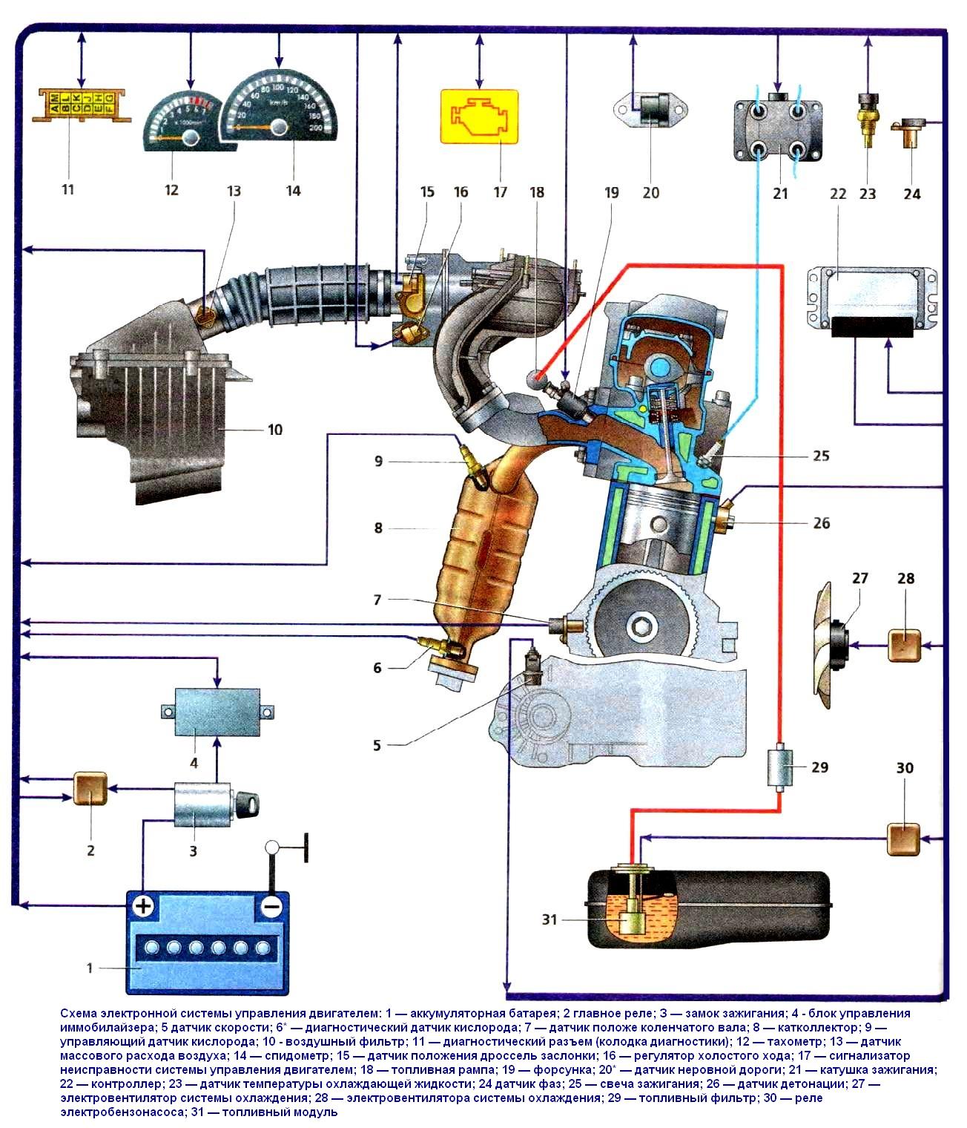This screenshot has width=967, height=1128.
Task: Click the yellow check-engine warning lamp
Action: pyautogui.click(x=480, y=116)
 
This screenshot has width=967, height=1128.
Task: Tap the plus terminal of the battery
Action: pyautogui.click(x=142, y=906)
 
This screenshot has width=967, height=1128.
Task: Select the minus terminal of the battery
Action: pyautogui.click(x=271, y=906)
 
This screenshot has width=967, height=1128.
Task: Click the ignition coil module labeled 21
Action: pyautogui.click(x=778, y=131)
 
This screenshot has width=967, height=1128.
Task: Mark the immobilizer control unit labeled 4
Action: pyautogui.click(x=216, y=706)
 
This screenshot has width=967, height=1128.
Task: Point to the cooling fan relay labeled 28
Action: pyautogui.click(x=904, y=646)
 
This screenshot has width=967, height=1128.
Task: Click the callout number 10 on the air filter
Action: pyautogui.click(x=274, y=430)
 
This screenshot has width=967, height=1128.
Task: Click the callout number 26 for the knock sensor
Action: pyautogui.click(x=821, y=523)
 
